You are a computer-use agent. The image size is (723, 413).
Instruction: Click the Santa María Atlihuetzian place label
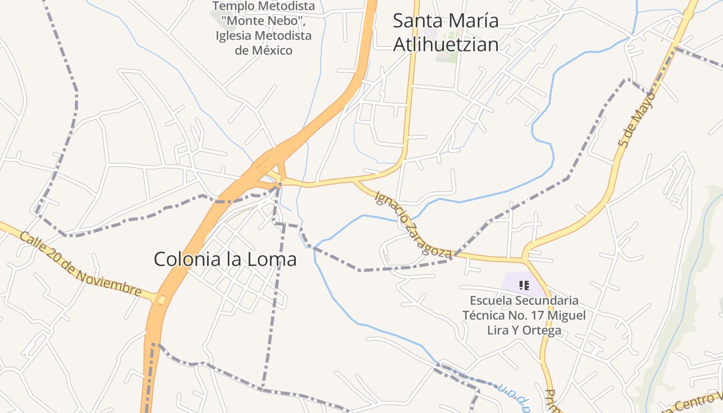446,33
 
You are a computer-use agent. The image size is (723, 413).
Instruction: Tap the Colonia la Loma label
225,259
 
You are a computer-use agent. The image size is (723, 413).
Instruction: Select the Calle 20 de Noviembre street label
81,264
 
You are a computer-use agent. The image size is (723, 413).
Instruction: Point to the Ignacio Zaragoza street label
414,224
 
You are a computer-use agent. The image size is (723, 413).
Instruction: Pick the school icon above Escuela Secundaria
524,285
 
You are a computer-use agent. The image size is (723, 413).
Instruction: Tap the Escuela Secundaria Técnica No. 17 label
524,315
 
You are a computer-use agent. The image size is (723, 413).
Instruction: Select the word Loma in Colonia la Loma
272,259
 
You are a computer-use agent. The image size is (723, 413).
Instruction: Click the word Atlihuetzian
446,44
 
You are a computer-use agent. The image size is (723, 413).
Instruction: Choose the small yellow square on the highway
162,299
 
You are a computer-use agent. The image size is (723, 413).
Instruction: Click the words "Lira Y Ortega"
524,330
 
